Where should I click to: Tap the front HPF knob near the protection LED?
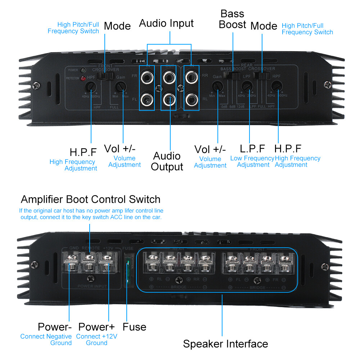tap(91, 86)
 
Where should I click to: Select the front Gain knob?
tap(121, 86)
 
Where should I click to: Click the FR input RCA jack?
tap(147, 76)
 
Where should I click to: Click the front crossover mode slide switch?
tap(107, 76)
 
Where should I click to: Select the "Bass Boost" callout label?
tap(233, 19)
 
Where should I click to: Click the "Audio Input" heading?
tap(166, 23)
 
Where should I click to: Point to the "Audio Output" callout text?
tap(167, 161)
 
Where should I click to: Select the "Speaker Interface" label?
tap(225, 343)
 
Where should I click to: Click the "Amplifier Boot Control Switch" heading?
tap(91, 199)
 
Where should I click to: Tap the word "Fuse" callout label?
tap(134, 327)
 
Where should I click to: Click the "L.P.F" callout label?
tap(252, 149)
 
